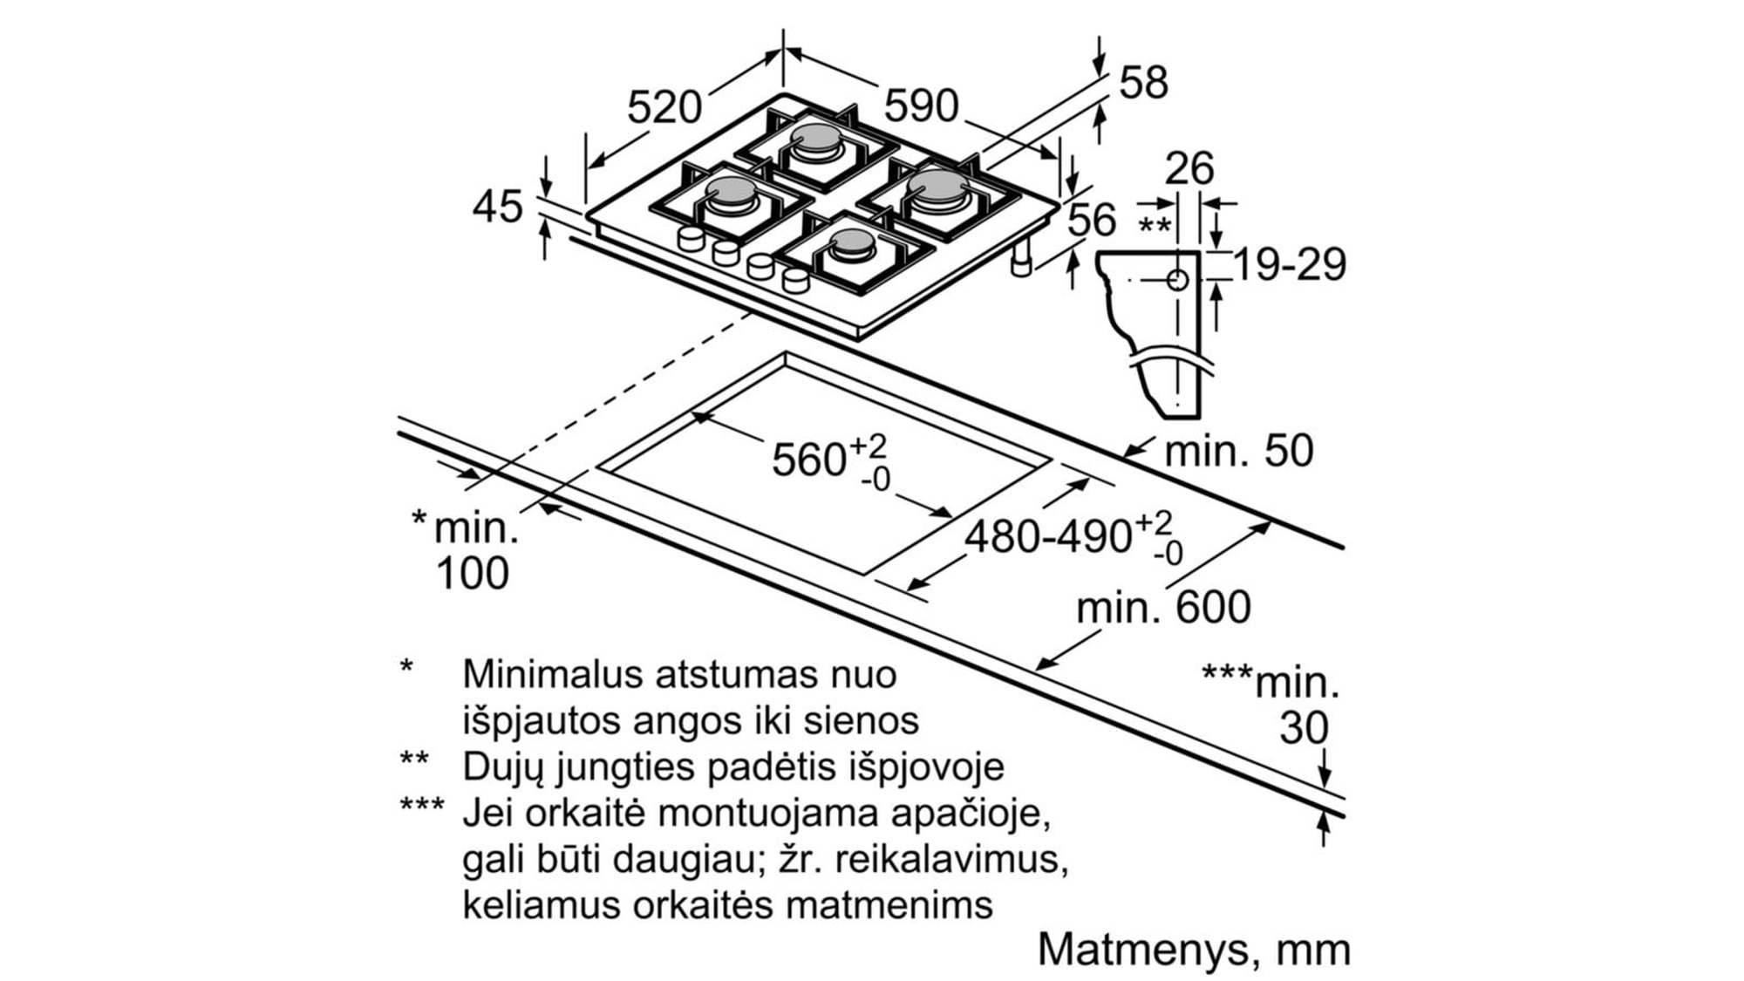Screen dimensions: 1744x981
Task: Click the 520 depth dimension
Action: point(664,107)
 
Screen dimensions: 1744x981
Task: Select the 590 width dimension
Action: point(921,106)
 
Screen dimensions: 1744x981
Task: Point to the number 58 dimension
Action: point(1143,83)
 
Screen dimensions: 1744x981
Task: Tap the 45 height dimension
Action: point(498,207)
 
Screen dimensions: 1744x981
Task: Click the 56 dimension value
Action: point(1092,220)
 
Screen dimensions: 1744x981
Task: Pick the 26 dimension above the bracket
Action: point(1189,168)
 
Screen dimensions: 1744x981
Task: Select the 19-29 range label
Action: point(1290,264)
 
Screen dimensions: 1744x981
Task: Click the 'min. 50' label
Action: point(1239,451)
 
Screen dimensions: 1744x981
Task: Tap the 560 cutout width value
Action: point(808,460)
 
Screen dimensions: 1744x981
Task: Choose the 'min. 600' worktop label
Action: point(1164,607)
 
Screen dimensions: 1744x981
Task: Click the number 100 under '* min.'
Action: point(472,574)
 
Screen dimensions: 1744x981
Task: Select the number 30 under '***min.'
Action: point(1304,727)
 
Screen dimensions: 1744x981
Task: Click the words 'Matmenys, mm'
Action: point(1194,950)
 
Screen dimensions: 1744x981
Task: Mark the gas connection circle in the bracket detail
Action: point(1177,280)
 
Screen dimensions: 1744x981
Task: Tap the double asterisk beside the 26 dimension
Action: point(1155,225)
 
